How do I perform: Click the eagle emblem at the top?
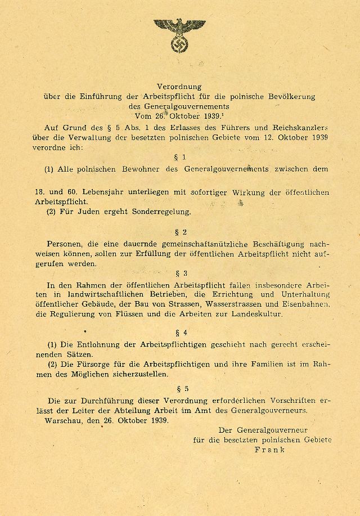point(179,33)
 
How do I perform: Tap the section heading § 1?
point(180,157)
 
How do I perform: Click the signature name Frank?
point(269,450)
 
